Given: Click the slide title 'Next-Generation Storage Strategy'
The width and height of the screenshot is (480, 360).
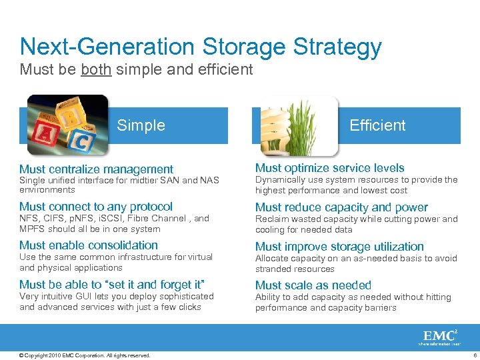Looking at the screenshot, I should [x=201, y=47].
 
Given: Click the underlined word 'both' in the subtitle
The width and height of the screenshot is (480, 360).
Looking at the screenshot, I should [x=96, y=69].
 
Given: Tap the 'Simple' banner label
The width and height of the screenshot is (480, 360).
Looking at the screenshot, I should [x=141, y=125].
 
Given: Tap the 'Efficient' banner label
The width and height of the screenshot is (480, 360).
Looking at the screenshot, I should [x=377, y=125].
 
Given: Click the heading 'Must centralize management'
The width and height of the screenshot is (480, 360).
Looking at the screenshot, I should [x=96, y=169].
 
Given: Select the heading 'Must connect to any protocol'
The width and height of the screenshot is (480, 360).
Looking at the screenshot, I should [x=96, y=207].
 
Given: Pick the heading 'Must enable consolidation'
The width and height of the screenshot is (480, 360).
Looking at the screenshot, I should [x=89, y=245].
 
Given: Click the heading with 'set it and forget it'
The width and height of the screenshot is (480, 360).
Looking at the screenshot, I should [x=112, y=285].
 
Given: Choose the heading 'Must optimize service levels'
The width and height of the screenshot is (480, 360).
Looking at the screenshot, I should [x=329, y=168].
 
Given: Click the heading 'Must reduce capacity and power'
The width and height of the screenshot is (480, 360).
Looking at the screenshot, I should [x=341, y=207].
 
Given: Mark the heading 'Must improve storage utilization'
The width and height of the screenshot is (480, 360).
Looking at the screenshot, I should [x=339, y=247].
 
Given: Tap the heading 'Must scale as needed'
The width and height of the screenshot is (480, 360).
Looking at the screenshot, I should [x=313, y=285].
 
